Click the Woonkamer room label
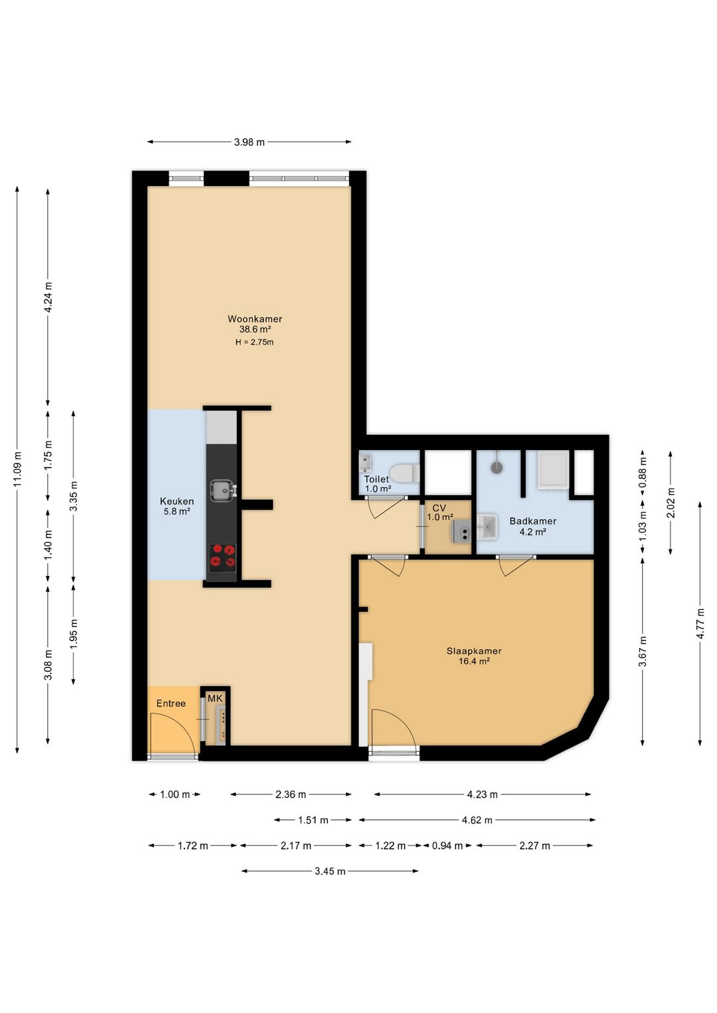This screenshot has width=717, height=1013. (255, 319)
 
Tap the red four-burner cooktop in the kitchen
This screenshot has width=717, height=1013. (222, 556)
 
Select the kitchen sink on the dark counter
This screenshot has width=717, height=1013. (222, 490)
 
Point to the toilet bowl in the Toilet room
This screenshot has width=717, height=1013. (404, 473)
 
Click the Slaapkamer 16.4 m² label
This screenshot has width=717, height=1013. (473, 656)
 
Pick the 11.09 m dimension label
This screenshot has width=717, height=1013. (17, 469)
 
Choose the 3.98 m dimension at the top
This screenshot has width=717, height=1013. (249, 142)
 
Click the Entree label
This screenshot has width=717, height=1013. (171, 703)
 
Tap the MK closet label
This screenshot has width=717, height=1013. (215, 698)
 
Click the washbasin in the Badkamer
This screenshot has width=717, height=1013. (486, 527)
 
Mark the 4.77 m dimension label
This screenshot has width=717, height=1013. (700, 623)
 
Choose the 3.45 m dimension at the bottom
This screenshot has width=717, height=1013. (330, 871)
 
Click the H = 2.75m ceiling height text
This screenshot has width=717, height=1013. (254, 343)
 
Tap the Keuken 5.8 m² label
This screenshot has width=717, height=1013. (177, 506)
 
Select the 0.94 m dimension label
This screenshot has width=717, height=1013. (447, 846)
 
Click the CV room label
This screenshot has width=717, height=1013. (439, 508)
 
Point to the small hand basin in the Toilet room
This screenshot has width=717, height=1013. (365, 462)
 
